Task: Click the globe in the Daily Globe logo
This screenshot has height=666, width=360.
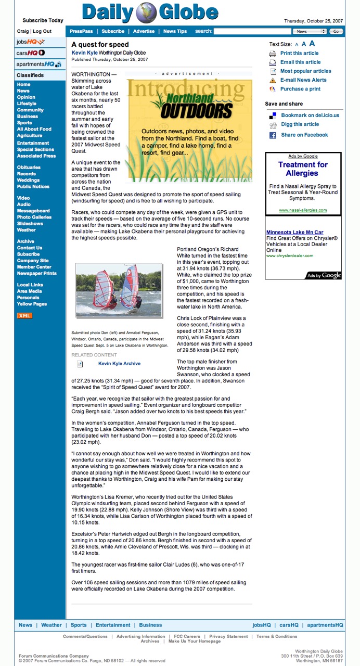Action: pyautogui.click(x=147, y=13)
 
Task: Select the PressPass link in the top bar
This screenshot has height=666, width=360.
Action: pyautogui.click(x=81, y=31)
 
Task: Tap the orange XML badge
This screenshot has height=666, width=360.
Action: pyautogui.click(x=24, y=315)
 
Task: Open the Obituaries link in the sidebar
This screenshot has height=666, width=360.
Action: pyautogui.click(x=29, y=168)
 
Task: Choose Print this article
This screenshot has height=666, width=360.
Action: pyautogui.click(x=299, y=53)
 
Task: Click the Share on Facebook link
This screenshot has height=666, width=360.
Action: pyautogui.click(x=304, y=135)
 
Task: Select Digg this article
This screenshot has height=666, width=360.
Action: pyautogui.click(x=300, y=124)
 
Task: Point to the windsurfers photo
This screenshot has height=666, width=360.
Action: pyautogui.click(x=119, y=290)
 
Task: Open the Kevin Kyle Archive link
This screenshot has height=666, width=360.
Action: pyautogui.click(x=119, y=364)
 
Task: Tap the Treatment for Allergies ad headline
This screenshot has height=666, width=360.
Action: pyautogui.click(x=303, y=169)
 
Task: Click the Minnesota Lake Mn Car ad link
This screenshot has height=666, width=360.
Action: pyautogui.click(x=294, y=232)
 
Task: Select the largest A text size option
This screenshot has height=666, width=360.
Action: pyautogui.click(x=312, y=44)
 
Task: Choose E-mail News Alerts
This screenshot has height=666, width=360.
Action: pyautogui.click(x=303, y=80)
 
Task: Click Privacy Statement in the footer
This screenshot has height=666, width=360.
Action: pyautogui.click(x=228, y=636)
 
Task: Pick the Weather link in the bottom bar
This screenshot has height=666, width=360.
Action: pyautogui.click(x=52, y=625)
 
